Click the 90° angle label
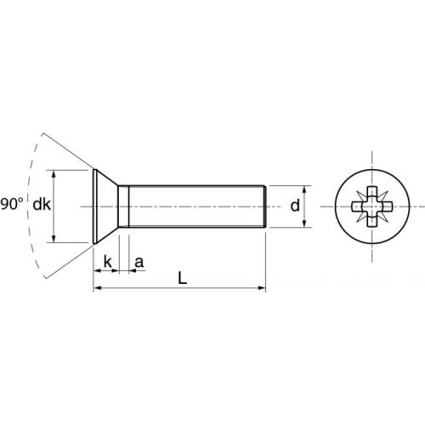(x=12, y=205)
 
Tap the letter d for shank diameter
(x=295, y=206)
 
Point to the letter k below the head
(x=108, y=260)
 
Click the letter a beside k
(x=139, y=261)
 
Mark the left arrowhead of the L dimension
(x=96, y=290)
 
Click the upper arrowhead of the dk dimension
(x=56, y=173)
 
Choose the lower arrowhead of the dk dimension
(x=56, y=241)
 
